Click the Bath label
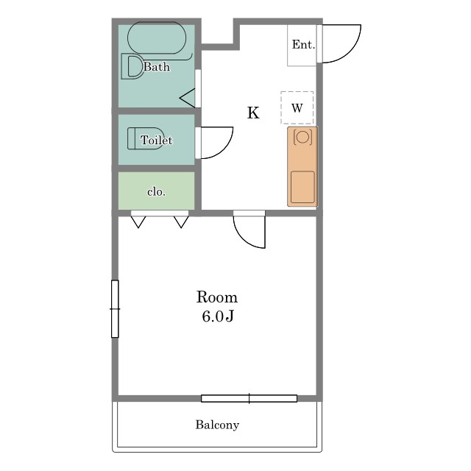pos(157,67)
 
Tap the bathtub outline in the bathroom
pos(157,23)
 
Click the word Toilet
pos(157,141)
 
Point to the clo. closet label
pos(156,191)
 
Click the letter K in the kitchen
pos(253,113)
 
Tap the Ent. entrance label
pos(303,44)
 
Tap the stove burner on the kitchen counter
pos(302,137)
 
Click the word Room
pos(217,297)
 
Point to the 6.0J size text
pos(218,316)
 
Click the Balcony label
pos(217,425)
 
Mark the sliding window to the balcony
pos(249,399)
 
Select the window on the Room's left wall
pos(115,309)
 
